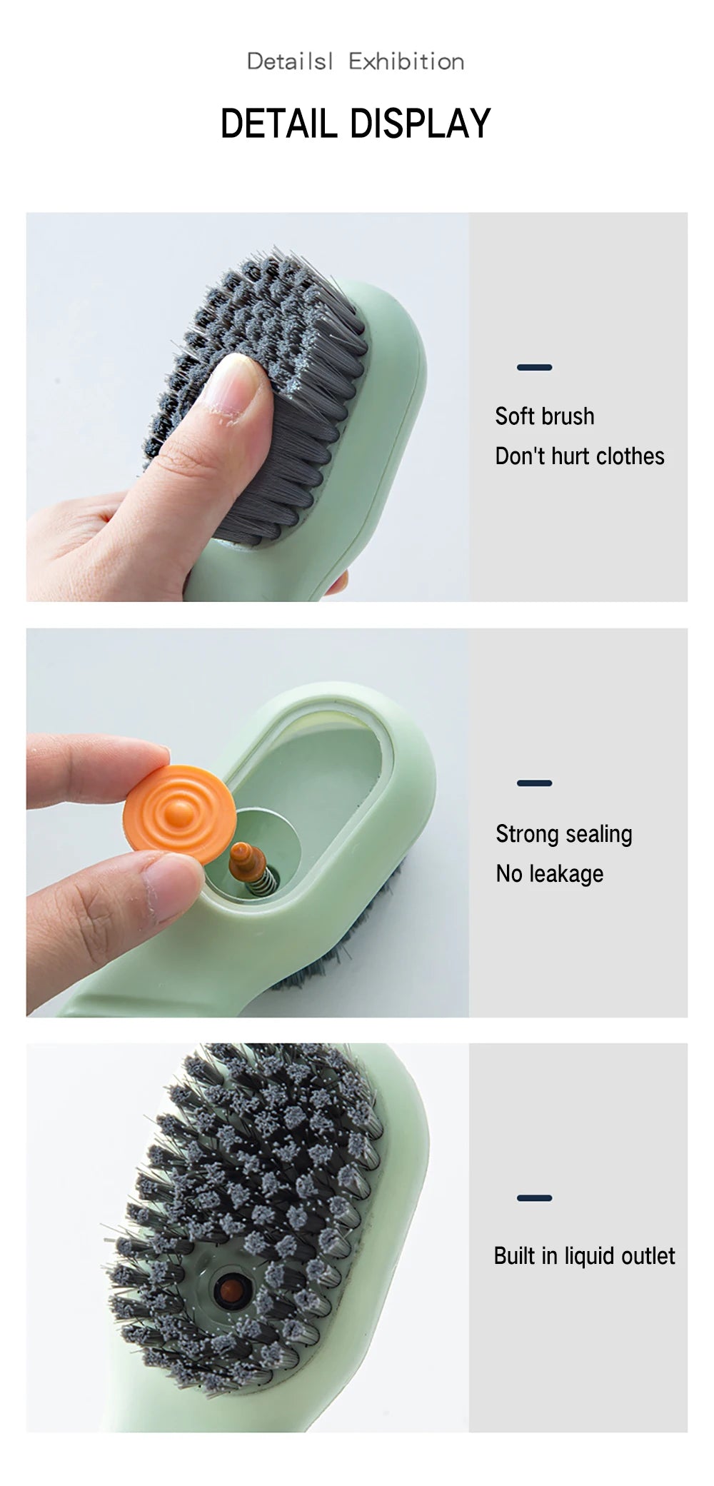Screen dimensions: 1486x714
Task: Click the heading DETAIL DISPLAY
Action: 355,123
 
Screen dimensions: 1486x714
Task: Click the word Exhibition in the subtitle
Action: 406,62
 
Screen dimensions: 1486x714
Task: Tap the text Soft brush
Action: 544,416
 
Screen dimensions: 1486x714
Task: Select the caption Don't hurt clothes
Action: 579,456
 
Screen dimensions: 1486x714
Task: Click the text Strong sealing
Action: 563,834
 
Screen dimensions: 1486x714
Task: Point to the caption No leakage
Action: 549,874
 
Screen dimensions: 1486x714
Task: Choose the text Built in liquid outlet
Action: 583,1256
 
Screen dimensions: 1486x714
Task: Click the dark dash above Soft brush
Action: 534,368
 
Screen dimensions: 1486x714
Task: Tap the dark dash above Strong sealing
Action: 534,783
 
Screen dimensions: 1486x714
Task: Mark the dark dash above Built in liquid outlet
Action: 534,1198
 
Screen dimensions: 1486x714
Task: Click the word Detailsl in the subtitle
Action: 289,62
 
